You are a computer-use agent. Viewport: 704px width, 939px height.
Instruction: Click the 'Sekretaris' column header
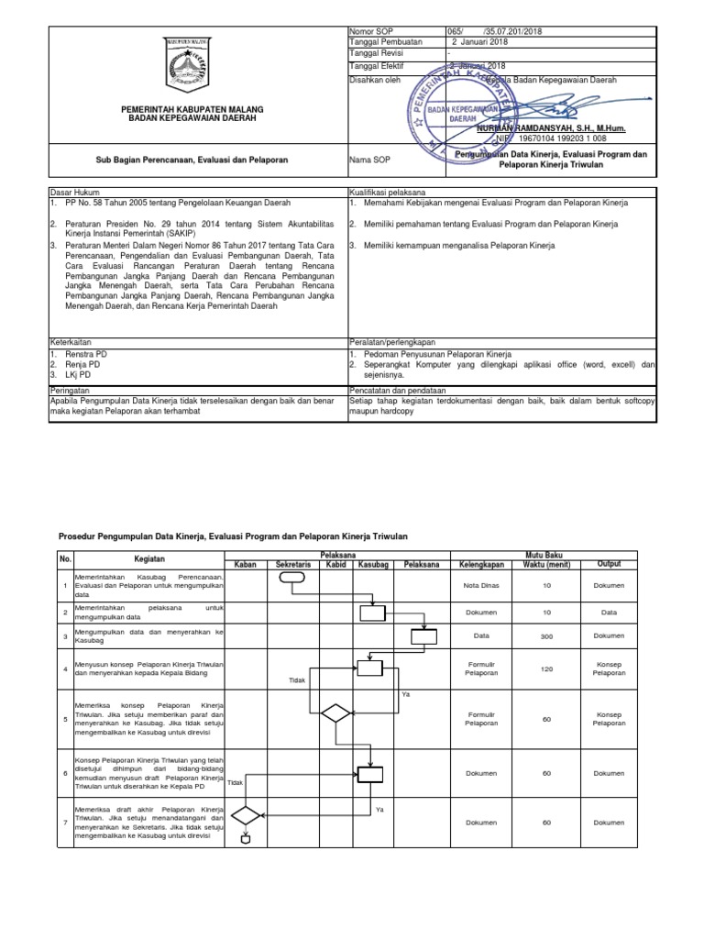293,564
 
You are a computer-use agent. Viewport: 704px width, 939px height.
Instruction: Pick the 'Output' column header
609,564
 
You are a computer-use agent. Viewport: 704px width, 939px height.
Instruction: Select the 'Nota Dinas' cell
480,585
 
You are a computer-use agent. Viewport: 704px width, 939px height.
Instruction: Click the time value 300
546,635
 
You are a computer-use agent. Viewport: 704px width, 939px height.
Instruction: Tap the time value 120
546,669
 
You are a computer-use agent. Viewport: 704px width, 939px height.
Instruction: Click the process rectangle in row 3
423,635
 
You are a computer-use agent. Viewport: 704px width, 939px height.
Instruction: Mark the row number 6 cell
64,773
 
